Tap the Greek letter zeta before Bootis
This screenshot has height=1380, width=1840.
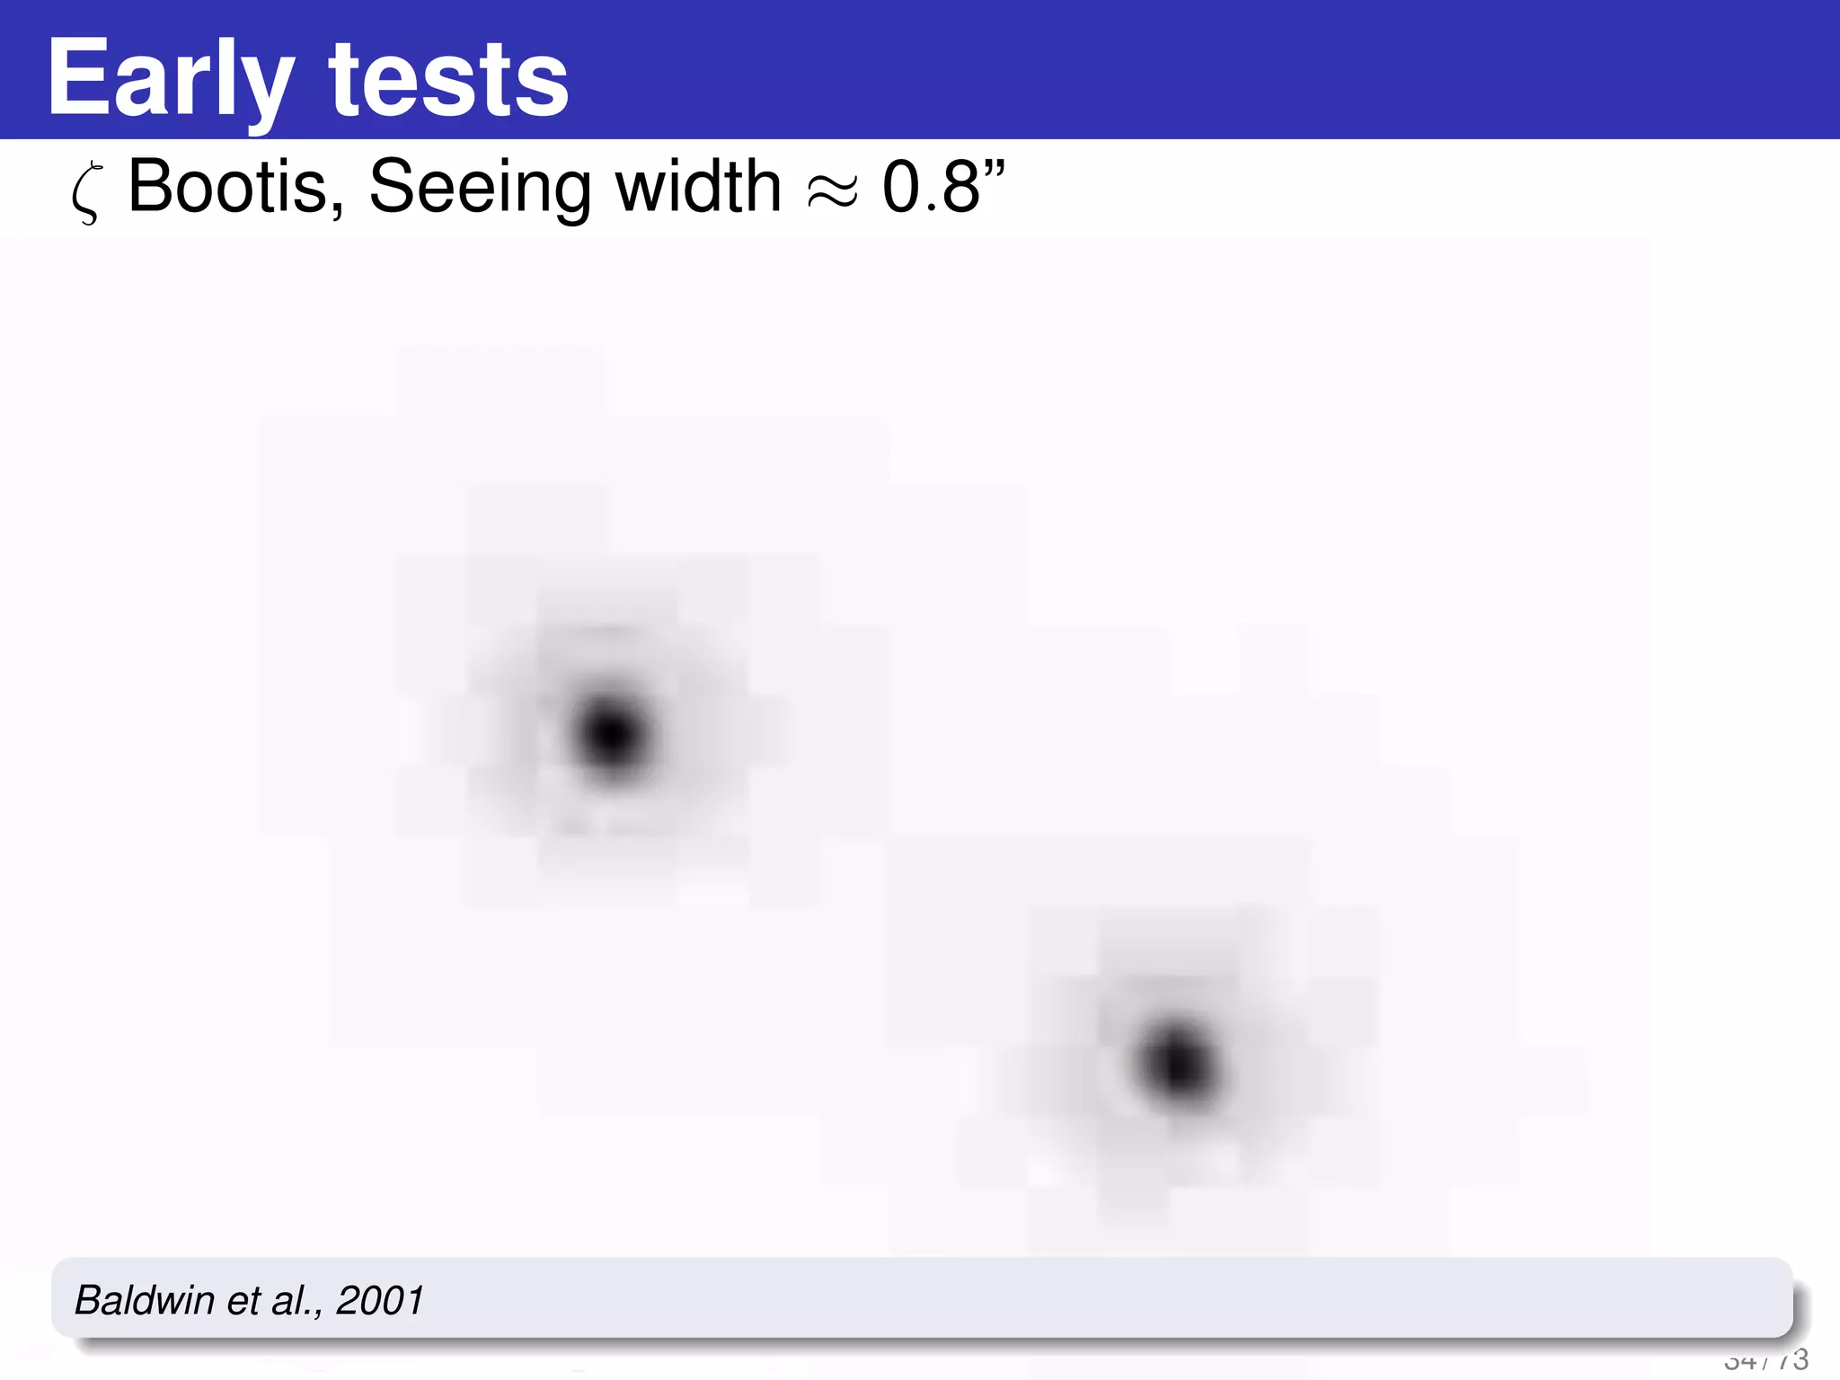point(86,190)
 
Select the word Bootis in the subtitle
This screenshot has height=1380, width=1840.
point(229,187)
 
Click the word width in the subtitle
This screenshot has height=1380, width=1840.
point(698,187)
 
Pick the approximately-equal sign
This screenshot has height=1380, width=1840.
point(832,190)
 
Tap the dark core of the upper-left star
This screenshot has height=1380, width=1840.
point(612,735)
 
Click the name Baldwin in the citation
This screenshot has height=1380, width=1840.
point(145,1300)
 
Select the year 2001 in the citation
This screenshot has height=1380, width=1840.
point(380,1300)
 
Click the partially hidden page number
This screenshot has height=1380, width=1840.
point(1765,1360)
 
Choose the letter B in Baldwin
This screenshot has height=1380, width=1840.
point(87,1300)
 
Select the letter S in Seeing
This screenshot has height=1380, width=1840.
point(391,187)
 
